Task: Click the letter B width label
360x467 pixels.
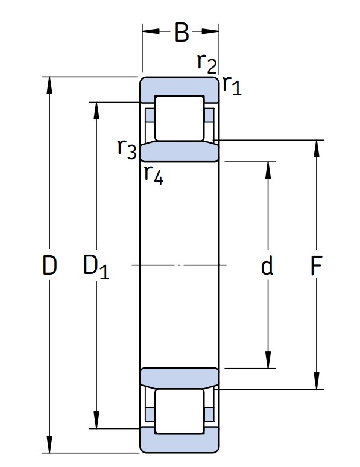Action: click(x=182, y=32)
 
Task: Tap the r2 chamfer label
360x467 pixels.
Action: click(x=207, y=63)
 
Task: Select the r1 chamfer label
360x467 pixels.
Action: click(x=232, y=85)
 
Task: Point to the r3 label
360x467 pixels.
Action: click(x=127, y=149)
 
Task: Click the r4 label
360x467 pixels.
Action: click(x=154, y=174)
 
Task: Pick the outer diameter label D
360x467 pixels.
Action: click(x=49, y=265)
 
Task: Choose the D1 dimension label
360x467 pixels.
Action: click(x=96, y=267)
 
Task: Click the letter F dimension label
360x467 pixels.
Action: click(x=316, y=265)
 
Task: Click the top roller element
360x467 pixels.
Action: click(x=180, y=118)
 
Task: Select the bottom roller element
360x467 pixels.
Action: click(x=180, y=411)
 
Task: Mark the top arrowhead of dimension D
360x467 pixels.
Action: click(x=49, y=86)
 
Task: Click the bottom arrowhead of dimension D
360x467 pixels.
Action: click(x=49, y=444)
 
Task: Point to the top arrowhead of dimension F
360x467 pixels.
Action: click(x=317, y=148)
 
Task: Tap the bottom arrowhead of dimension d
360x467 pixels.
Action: click(x=268, y=360)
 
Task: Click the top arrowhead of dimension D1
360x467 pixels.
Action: click(x=96, y=111)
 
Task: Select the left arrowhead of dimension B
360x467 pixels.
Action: click(x=151, y=31)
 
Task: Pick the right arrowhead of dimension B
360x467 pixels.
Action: click(x=210, y=31)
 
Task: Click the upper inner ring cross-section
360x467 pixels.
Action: click(x=180, y=152)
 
